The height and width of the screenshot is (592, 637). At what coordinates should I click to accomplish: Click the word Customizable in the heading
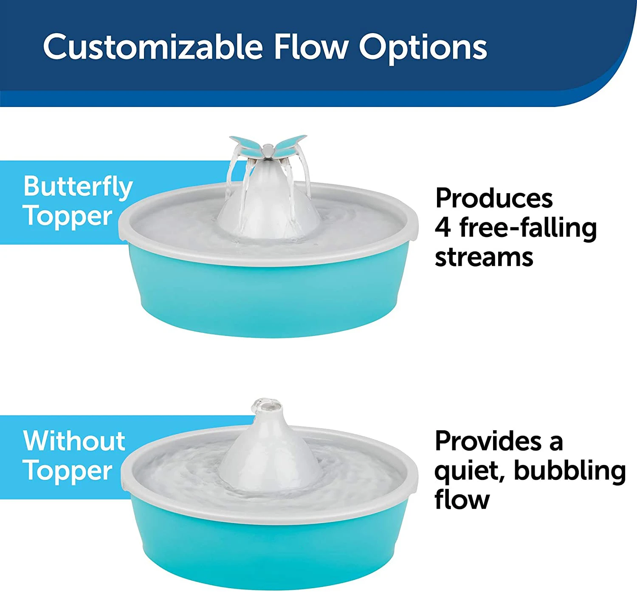tap(153, 47)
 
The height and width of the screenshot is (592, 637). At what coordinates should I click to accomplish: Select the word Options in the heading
tap(423, 48)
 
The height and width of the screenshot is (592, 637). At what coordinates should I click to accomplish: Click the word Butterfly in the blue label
tap(78, 187)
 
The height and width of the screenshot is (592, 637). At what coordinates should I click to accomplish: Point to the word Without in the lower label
tap(74, 441)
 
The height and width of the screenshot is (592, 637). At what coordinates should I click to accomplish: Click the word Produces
tap(494, 198)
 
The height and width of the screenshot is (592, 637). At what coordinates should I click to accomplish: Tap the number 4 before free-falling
tap(443, 228)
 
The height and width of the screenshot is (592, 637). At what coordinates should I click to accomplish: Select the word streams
tap(484, 257)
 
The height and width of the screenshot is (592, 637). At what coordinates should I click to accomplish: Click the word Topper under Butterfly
tap(68, 217)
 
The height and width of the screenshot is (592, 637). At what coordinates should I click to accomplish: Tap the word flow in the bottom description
tap(462, 500)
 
